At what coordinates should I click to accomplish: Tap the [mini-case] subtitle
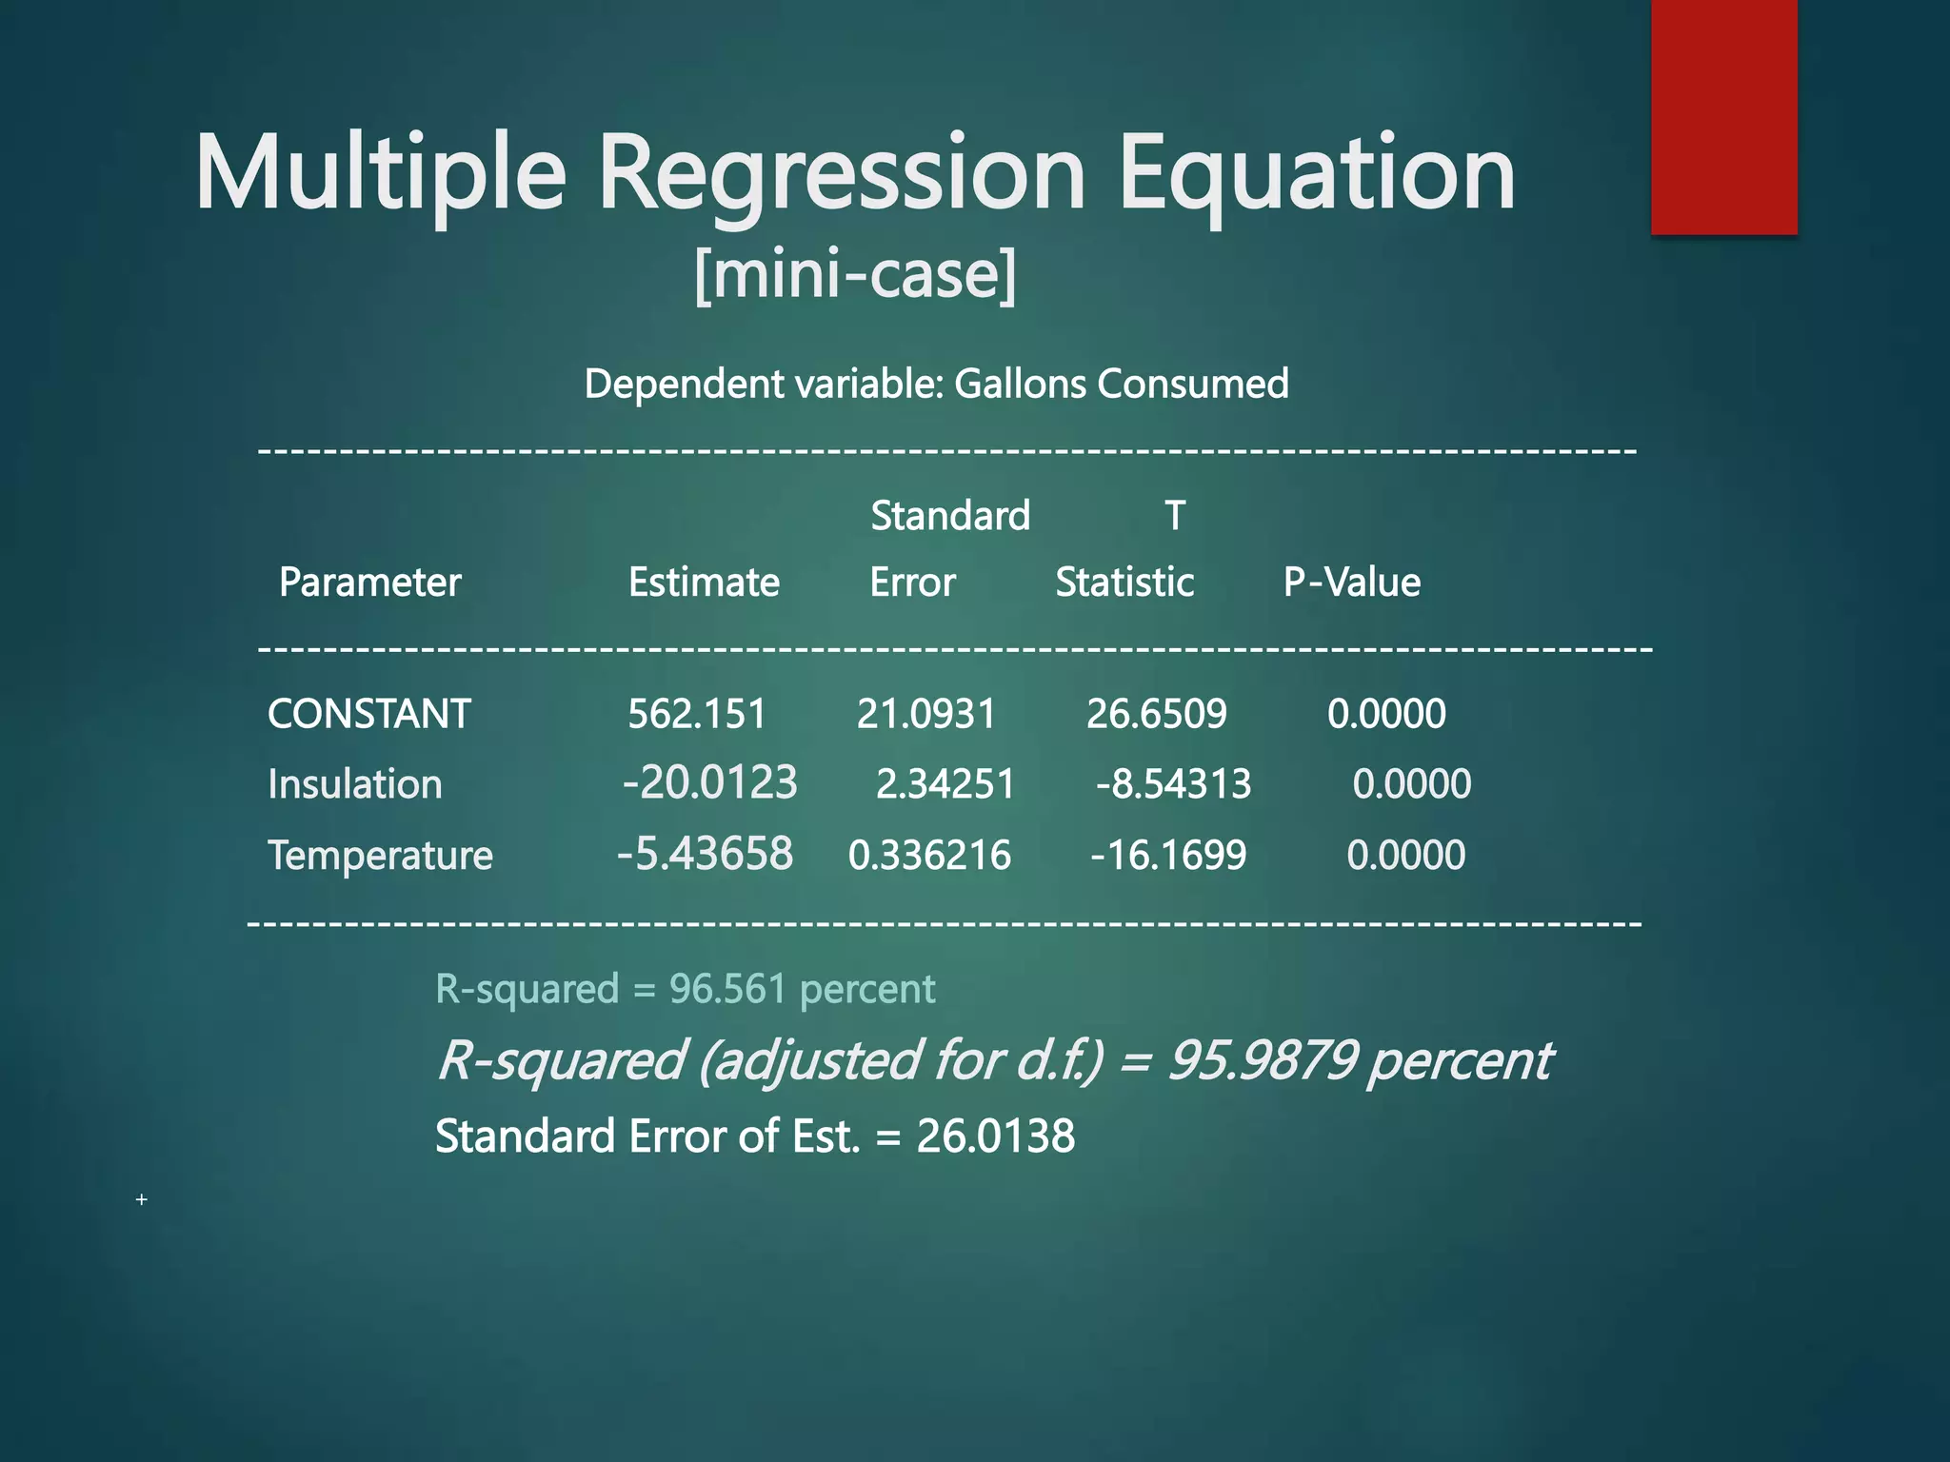855,274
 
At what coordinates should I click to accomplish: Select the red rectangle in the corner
1723,116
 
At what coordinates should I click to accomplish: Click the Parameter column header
369,582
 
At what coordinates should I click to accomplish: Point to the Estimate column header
704,582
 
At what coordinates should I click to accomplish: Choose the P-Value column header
1351,582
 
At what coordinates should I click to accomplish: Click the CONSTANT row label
369,714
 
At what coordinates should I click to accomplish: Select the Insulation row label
355,784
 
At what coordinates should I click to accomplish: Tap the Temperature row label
380,855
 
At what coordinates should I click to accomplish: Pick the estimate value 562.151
697,714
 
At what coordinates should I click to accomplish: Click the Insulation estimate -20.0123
709,783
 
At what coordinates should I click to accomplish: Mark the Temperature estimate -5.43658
705,854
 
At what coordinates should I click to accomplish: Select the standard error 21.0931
925,714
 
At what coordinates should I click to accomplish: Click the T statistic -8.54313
1173,784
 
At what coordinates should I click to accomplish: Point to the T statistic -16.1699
1168,855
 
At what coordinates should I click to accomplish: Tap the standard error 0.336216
929,855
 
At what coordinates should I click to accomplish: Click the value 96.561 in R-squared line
727,989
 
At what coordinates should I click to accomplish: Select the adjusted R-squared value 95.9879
1262,1060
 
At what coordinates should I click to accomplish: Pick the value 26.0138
995,1136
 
